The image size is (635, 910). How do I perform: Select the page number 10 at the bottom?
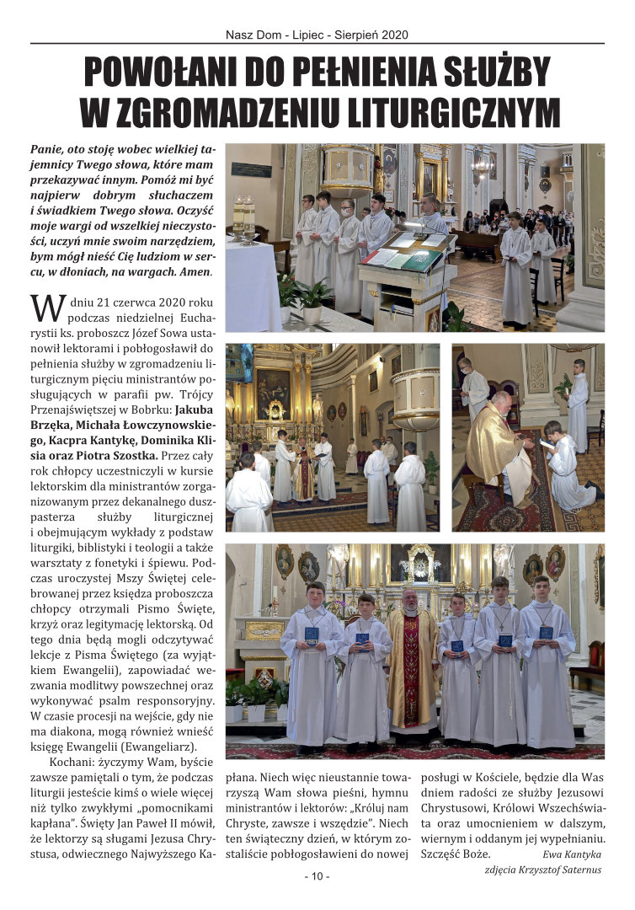pyautogui.click(x=317, y=876)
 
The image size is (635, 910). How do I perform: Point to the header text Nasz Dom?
pyautogui.click(x=254, y=35)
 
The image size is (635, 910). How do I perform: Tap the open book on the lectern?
pyautogui.click(x=396, y=256)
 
